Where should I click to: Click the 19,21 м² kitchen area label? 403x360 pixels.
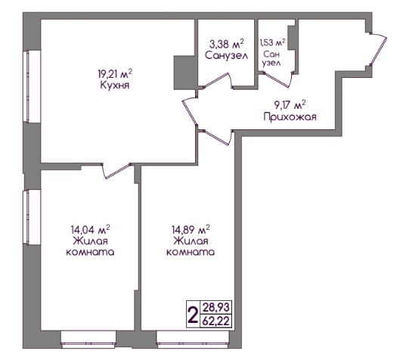coord(115,75)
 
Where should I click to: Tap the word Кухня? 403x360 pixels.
coord(115,85)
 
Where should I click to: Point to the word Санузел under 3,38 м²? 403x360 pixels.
coord(227,55)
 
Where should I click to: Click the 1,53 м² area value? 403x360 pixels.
coord(272,42)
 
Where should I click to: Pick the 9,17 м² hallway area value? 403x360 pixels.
coord(290,105)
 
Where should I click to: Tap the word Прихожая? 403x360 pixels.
coord(290,117)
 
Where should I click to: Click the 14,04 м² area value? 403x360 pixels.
coord(90,229)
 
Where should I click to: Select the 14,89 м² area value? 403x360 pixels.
coord(191,229)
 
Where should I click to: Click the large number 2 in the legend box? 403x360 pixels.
coord(193,315)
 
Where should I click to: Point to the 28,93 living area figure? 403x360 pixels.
coord(216,307)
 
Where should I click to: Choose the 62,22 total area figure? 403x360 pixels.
coord(216,321)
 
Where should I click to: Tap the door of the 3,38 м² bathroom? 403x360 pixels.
coord(219,80)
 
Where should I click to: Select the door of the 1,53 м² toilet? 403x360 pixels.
coord(277,79)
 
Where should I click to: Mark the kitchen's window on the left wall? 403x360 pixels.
coord(32,86)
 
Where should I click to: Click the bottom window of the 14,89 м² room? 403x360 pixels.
coord(193,340)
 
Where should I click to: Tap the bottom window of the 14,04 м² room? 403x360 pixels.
coord(88,340)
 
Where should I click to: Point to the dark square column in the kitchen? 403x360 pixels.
coord(184,73)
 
